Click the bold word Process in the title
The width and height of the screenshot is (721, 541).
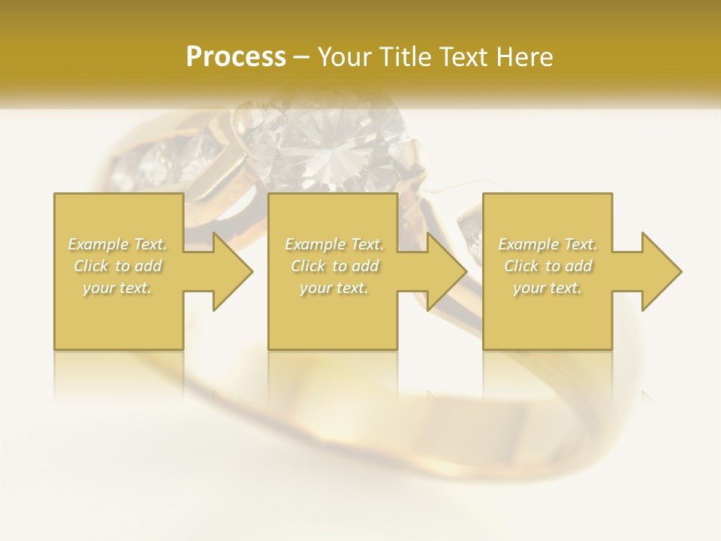click(x=236, y=57)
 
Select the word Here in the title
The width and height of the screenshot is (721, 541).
click(x=523, y=57)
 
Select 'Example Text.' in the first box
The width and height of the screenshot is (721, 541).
click(x=118, y=244)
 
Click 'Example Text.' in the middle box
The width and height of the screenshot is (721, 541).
click(x=334, y=244)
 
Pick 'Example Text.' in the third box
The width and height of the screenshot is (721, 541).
click(x=548, y=244)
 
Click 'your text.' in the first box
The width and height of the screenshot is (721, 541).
click(x=118, y=288)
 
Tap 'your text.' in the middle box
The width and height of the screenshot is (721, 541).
click(x=334, y=288)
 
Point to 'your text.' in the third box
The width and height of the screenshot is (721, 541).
click(x=548, y=288)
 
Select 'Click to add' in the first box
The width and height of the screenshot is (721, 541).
click(x=118, y=266)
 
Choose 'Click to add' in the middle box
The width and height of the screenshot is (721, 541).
click(x=334, y=266)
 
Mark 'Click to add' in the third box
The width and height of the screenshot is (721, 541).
click(x=548, y=266)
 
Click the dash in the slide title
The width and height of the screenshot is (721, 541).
click(x=302, y=58)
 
